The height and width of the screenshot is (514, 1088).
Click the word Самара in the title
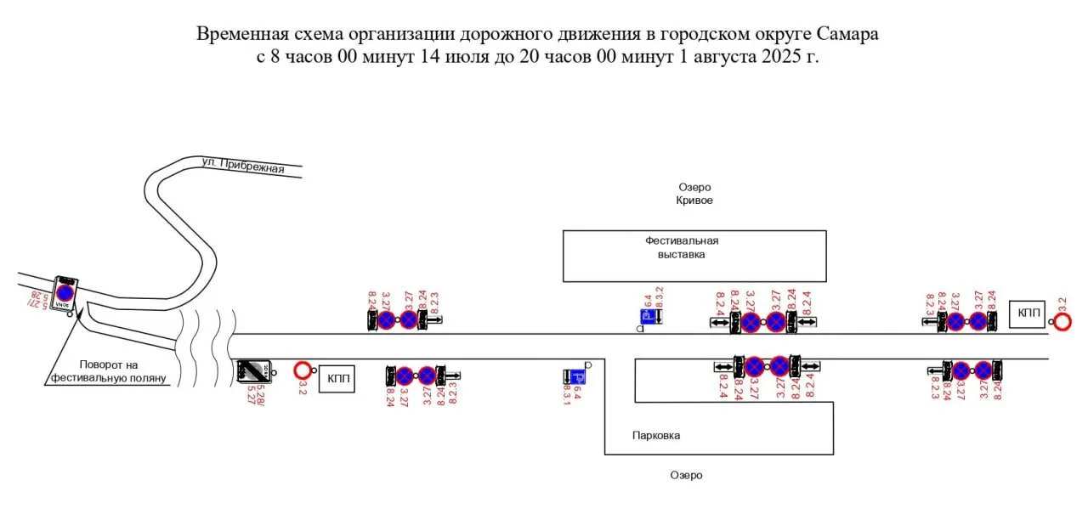(847, 35)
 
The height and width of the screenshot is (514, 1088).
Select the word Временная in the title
(236, 35)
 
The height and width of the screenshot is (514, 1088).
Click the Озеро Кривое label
(694, 194)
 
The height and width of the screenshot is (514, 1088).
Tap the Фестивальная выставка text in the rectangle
(682, 247)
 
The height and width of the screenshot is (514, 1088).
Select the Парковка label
(656, 436)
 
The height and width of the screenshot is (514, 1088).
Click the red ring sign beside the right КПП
(1062, 322)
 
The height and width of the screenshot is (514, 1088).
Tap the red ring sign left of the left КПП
(302, 370)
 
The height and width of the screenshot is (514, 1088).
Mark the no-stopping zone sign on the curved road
(65, 292)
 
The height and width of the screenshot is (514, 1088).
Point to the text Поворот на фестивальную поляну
(108, 371)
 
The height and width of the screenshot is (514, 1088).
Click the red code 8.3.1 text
(567, 396)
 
